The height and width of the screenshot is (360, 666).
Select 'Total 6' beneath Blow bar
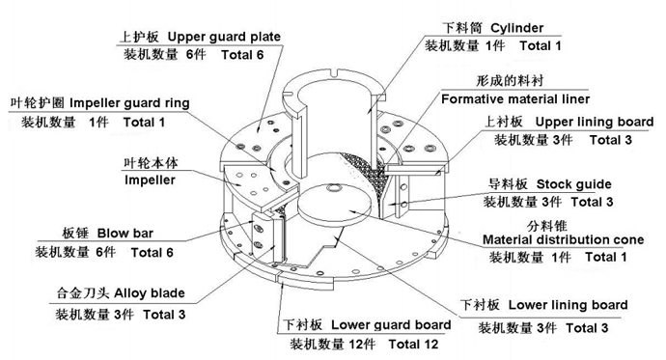[x=153, y=253]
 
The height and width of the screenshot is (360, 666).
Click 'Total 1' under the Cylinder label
[x=537, y=45]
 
